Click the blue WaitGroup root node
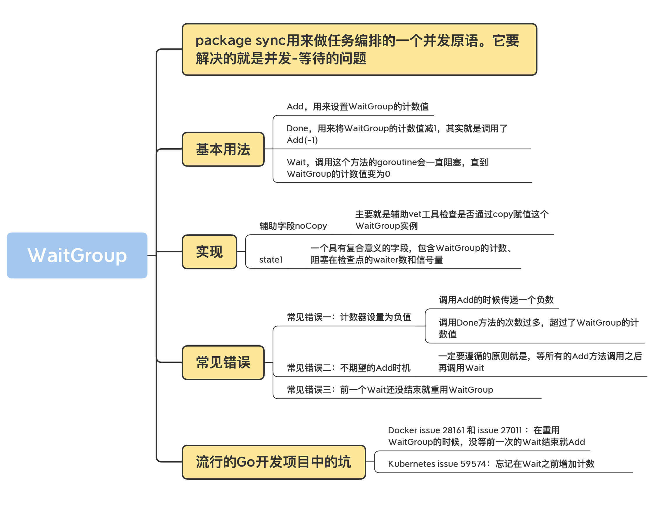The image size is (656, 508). coord(77,255)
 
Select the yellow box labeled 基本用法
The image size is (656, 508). coord(223,149)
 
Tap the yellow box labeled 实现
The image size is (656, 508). coord(209,252)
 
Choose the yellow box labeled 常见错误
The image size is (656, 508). coord(223,362)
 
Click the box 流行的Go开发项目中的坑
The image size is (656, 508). coord(274,462)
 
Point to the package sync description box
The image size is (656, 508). coord(359,49)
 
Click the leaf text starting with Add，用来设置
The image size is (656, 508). coord(357,107)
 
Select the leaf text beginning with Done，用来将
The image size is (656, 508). coord(397,134)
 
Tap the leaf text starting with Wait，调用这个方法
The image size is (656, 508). coord(387,168)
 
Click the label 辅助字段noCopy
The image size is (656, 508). coord(293,226)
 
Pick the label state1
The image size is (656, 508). coord(271,260)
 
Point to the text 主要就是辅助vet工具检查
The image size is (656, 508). coord(452,220)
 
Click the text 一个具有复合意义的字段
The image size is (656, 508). coord(412,254)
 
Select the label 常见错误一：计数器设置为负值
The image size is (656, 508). coord(349,317)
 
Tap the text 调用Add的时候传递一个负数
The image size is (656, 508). coord(496,300)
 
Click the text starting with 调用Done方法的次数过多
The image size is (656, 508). coord(539,328)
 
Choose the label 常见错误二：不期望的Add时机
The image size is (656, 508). coord(348,368)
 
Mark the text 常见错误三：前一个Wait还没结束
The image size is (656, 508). coord(390,390)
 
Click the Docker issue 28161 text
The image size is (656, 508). coord(486,436)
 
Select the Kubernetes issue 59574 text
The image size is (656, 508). coord(491,464)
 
